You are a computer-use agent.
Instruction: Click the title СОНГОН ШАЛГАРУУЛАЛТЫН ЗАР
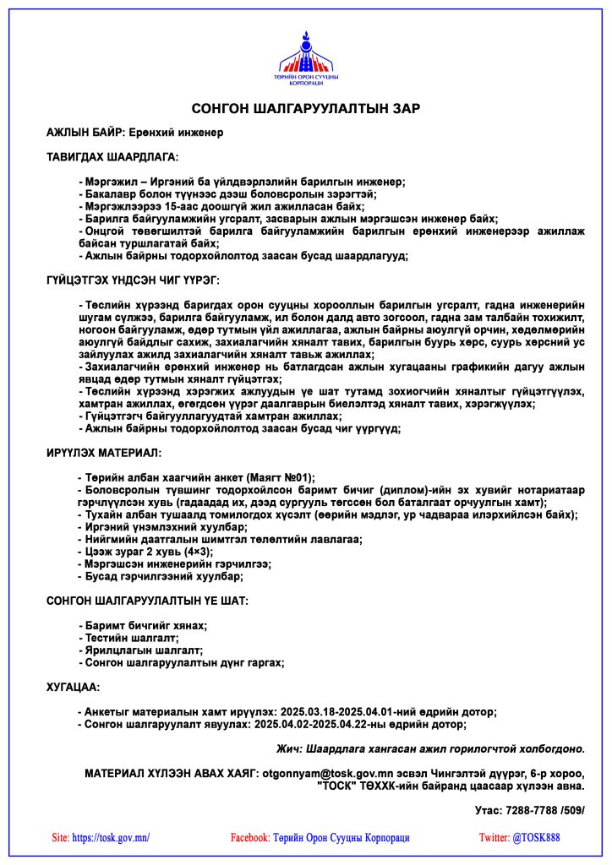[305, 108]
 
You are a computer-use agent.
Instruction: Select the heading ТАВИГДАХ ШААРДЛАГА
[112, 156]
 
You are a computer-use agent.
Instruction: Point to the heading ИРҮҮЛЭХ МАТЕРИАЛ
[103, 454]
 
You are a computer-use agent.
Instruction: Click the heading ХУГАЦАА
[73, 687]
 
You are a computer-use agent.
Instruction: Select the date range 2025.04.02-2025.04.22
[314, 724]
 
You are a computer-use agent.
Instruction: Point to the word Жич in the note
[289, 748]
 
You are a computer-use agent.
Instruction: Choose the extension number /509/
[571, 810]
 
